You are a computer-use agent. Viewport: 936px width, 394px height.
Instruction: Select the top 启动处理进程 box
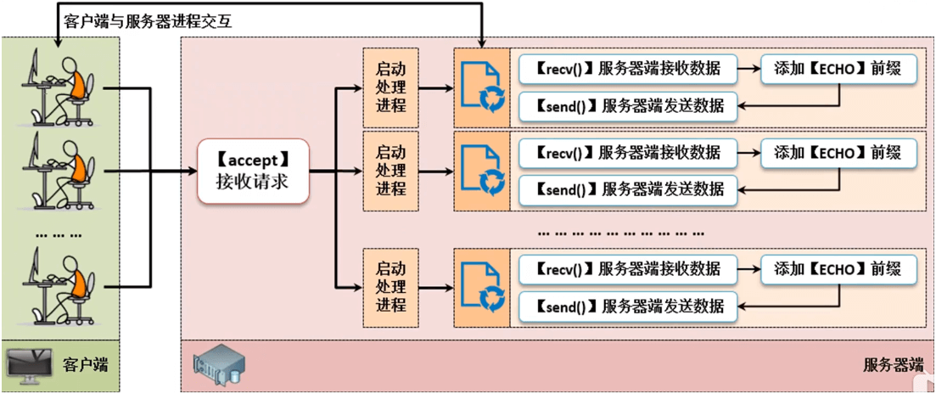coord(391,87)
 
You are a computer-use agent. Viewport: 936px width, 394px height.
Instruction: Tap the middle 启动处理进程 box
coord(391,171)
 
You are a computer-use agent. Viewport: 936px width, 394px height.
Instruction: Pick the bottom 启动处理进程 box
coord(391,287)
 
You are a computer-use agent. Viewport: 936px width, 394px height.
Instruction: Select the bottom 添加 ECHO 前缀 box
coord(839,269)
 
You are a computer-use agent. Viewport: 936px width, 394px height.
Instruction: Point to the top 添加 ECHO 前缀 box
coord(839,69)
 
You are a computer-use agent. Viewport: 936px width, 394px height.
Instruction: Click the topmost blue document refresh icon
coord(481,87)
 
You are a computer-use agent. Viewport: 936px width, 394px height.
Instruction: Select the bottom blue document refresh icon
coord(481,287)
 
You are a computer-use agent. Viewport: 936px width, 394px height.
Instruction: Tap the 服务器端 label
coord(893,366)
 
